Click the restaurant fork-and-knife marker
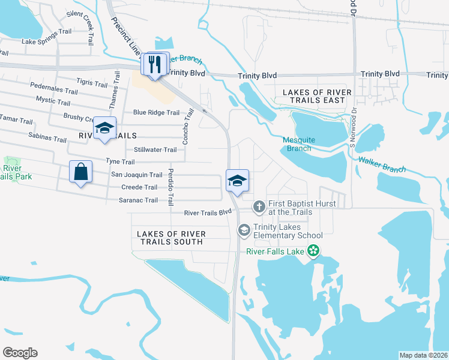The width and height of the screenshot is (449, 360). pyautogui.click(x=155, y=64)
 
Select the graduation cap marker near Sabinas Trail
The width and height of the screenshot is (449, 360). pyautogui.click(x=104, y=128)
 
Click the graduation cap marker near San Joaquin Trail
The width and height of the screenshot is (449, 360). pyautogui.click(x=237, y=180)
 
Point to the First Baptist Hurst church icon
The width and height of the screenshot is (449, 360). pyautogui.click(x=259, y=207)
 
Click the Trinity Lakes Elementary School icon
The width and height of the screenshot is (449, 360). pyautogui.click(x=244, y=230)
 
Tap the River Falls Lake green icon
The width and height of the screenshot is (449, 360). pyautogui.click(x=312, y=251)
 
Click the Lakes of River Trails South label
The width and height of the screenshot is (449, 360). pyautogui.click(x=171, y=238)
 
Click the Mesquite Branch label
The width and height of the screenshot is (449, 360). pyautogui.click(x=298, y=144)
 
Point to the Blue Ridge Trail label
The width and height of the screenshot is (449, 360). pyautogui.click(x=156, y=112)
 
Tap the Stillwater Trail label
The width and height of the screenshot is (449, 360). pyautogui.click(x=155, y=149)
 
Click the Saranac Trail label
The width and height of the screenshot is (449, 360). pyautogui.click(x=139, y=200)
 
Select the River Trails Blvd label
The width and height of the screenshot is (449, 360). pyautogui.click(x=208, y=212)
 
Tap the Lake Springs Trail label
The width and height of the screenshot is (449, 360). pyautogui.click(x=46, y=42)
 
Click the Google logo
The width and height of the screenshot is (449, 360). pyautogui.click(x=20, y=353)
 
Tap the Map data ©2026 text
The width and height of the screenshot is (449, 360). pyautogui.click(x=423, y=355)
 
